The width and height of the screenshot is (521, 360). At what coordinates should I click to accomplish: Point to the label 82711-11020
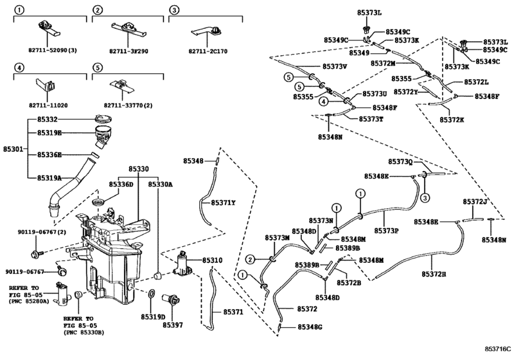49,104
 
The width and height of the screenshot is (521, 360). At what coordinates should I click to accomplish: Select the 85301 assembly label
13,148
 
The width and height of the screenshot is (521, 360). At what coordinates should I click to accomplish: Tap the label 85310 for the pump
213,260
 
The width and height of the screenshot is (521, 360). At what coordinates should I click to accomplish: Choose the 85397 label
172,325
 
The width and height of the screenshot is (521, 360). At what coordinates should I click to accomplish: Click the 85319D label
153,316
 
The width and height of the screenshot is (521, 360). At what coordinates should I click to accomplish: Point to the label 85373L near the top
371,12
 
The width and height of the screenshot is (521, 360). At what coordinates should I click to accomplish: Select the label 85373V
335,66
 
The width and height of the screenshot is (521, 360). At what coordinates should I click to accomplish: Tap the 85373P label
387,230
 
